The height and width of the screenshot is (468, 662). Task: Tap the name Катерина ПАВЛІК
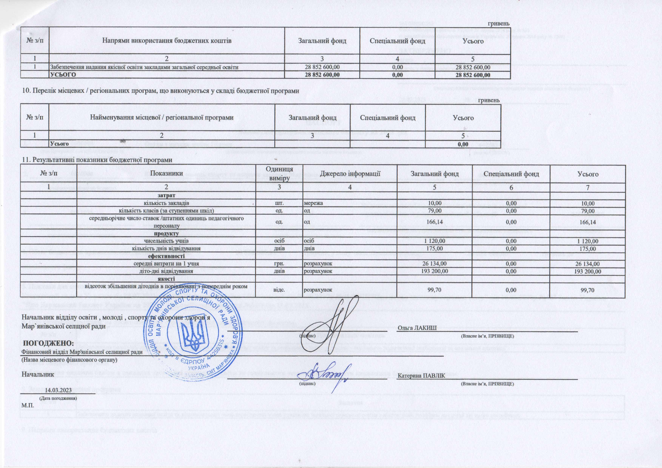click(421, 376)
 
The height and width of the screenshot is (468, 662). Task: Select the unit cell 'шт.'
click(279, 203)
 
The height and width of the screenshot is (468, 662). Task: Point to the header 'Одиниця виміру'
click(279, 174)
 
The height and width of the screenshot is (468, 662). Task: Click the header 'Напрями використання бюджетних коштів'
click(167, 41)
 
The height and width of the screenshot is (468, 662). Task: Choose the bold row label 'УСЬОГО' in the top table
click(63, 75)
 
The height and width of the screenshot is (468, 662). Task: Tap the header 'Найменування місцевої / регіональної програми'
click(162, 118)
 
